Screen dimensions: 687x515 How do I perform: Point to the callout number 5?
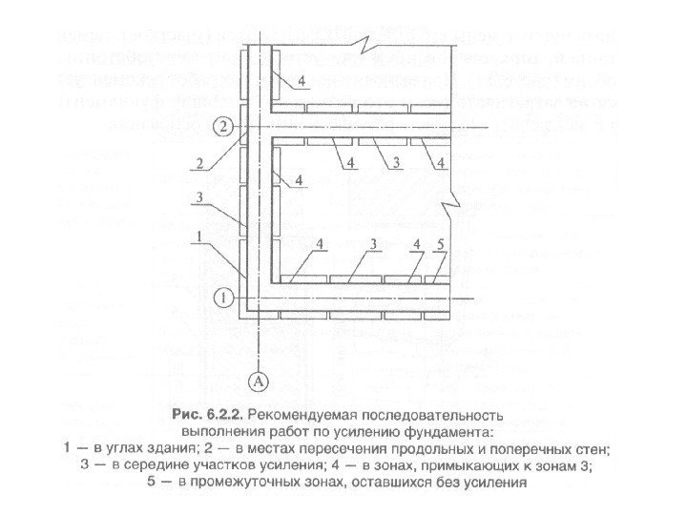[440, 245]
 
